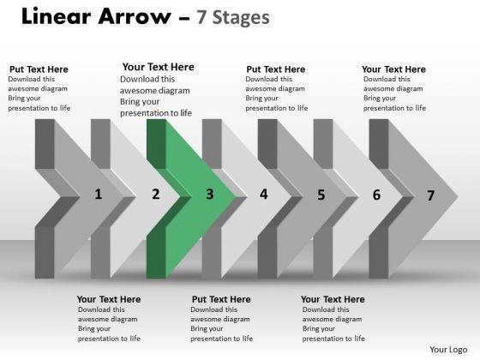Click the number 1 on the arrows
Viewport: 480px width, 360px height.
click(98, 194)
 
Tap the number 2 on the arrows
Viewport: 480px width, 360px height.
click(156, 194)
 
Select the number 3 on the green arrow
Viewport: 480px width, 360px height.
click(210, 194)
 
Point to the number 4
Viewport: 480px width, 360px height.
click(264, 194)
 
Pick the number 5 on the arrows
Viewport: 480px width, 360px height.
click(321, 195)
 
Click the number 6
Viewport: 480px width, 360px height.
click(376, 195)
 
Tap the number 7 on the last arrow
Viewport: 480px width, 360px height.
click(430, 195)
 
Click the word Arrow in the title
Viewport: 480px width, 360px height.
click(135, 16)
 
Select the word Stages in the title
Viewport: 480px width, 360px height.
click(241, 18)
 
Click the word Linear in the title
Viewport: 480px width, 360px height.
click(57, 16)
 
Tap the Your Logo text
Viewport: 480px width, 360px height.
click(448, 350)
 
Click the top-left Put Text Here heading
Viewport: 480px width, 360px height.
click(39, 69)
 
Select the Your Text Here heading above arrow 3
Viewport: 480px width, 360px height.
click(159, 67)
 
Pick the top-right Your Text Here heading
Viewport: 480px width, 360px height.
click(393, 69)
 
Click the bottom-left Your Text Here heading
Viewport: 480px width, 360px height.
click(109, 299)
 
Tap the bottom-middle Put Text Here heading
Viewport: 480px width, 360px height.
click(221, 299)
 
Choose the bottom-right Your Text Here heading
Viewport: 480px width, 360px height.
click(333, 299)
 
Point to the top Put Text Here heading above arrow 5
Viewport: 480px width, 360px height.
click(276, 69)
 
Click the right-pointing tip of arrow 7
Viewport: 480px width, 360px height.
click(458, 196)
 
